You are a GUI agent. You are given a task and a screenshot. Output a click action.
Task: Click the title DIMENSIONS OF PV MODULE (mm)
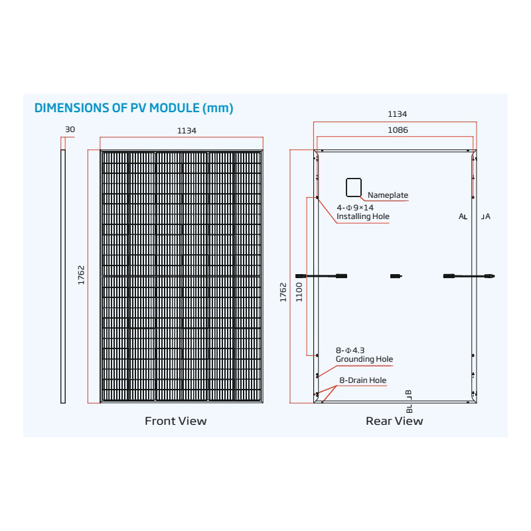(x=134, y=108)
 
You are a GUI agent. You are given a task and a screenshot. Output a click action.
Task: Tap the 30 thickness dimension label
(x=70, y=129)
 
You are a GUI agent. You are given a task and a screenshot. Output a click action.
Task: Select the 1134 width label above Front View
(x=187, y=131)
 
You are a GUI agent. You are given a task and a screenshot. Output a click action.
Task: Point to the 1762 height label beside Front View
(x=81, y=275)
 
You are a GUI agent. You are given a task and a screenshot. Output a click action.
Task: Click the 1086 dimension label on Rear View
(x=398, y=130)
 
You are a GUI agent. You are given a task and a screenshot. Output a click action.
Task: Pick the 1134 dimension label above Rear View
(x=397, y=114)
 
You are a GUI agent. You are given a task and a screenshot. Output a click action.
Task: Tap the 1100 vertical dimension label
(x=299, y=292)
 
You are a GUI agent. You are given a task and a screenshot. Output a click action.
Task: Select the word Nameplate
(x=388, y=195)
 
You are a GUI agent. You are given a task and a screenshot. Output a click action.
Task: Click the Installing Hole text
(x=362, y=216)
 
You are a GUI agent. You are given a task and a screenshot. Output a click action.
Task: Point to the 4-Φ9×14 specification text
(x=355, y=208)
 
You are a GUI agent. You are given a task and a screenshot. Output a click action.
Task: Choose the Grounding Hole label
(x=364, y=359)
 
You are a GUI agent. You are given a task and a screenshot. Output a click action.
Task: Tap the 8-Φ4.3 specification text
(x=350, y=350)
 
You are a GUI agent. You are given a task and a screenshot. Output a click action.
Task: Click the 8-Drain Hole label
(x=362, y=380)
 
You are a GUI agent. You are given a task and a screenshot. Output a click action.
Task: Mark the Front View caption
(x=175, y=421)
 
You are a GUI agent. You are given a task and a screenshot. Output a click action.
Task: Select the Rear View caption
(x=394, y=421)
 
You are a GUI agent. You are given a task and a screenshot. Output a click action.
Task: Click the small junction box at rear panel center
(x=396, y=276)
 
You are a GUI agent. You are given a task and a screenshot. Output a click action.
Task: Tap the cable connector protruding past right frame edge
(x=489, y=276)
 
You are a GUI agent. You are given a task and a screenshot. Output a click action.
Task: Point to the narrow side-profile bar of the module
(x=63, y=276)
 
